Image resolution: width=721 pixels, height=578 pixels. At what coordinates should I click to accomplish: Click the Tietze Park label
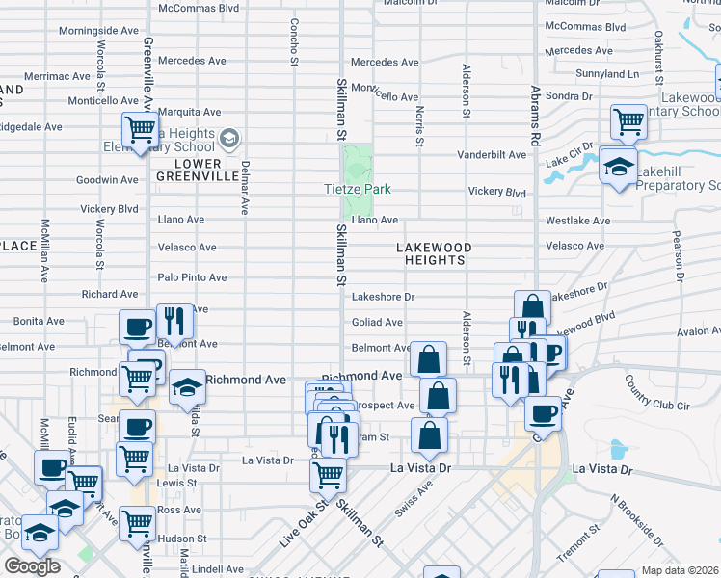[x=357, y=190]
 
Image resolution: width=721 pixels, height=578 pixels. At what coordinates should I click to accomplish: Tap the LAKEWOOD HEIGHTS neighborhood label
[x=434, y=254]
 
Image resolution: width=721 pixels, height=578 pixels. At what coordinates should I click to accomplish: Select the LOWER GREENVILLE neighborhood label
[x=200, y=170]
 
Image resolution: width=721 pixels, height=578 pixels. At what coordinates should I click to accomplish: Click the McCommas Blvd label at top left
[x=198, y=8]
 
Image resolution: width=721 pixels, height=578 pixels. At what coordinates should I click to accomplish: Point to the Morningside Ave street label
[x=98, y=31]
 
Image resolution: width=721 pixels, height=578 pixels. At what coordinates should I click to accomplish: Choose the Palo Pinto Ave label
[x=192, y=277]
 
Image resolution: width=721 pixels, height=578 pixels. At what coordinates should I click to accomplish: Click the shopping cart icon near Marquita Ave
[x=140, y=130]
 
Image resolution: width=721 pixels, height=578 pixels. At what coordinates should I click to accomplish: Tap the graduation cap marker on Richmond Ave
[x=187, y=386]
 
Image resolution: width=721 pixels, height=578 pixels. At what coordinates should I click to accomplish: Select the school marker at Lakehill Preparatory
[x=618, y=166]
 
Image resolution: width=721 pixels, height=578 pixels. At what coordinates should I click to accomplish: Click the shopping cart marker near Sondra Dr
[x=628, y=122]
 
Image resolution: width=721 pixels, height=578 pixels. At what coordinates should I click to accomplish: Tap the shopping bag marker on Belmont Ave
[x=428, y=359]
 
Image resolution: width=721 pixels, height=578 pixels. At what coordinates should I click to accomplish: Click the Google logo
[x=32, y=566]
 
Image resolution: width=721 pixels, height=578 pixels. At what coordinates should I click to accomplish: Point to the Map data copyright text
[x=681, y=570]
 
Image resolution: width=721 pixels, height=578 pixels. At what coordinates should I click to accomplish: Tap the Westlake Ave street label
[x=577, y=221]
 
